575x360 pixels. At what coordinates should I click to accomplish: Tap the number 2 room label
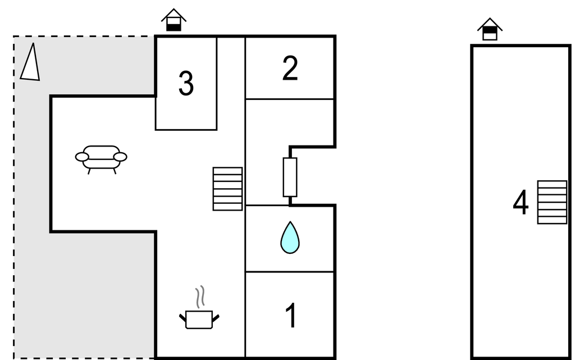(290, 68)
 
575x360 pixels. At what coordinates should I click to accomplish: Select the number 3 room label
(186, 84)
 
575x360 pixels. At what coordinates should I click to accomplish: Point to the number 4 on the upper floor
(521, 202)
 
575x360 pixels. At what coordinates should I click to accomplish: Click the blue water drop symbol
(290, 238)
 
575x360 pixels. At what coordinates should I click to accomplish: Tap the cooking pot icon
(199, 320)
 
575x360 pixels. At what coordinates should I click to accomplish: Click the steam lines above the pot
(200, 297)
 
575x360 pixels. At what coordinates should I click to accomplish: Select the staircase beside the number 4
(553, 202)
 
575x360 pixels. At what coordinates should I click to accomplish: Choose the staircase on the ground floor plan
(228, 189)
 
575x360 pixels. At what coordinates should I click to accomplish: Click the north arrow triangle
(30, 62)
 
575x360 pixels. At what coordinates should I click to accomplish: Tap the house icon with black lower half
(174, 20)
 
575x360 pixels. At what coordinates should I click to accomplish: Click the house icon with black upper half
(490, 29)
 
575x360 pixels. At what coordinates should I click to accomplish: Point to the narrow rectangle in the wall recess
(290, 177)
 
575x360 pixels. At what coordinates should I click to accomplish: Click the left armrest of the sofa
(82, 157)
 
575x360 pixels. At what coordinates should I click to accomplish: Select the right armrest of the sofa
(120, 157)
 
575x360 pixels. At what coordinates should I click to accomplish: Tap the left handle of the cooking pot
(182, 318)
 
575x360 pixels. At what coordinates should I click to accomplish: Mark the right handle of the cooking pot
(216, 318)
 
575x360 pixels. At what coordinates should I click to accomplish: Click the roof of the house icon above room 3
(174, 15)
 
